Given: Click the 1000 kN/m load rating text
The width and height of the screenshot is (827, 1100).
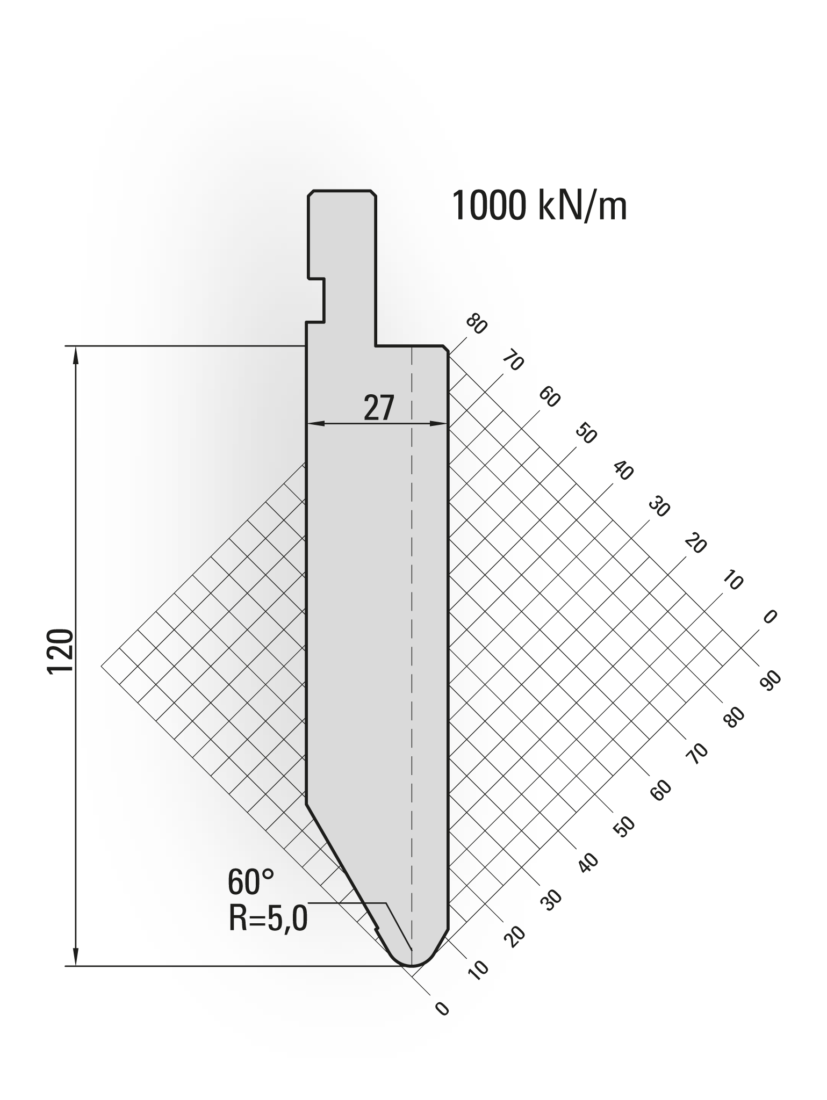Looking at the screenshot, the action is click(x=539, y=206).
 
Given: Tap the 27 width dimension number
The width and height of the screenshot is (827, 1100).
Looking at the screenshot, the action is click(x=379, y=408).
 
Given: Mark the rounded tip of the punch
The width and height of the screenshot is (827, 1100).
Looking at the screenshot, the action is click(x=412, y=964).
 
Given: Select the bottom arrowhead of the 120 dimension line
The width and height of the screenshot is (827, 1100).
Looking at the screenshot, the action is click(x=75, y=956).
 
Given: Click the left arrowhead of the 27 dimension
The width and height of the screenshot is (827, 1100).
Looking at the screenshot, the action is click(x=316, y=424).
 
